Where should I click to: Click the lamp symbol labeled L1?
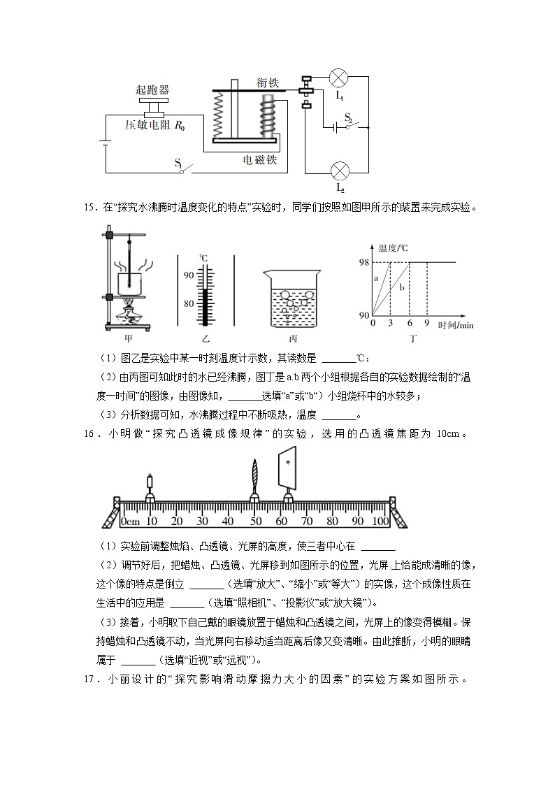tap(340, 76)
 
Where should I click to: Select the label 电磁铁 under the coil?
tap(260, 160)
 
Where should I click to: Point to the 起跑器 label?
tap(152, 90)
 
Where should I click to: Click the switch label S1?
tap(180, 164)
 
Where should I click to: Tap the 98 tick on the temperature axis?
tap(364, 262)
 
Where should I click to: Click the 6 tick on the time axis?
tap(409, 324)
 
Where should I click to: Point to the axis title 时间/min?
tap(456, 325)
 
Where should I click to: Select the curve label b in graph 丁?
tap(401, 287)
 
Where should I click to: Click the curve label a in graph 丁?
tap(375, 278)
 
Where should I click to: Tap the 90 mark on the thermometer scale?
tap(189, 275)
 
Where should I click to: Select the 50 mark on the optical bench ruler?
tap(254, 521)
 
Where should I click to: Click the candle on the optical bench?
tap(150, 484)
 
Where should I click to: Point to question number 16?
tap(89, 433)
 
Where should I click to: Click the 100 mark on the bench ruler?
tap(380, 521)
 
